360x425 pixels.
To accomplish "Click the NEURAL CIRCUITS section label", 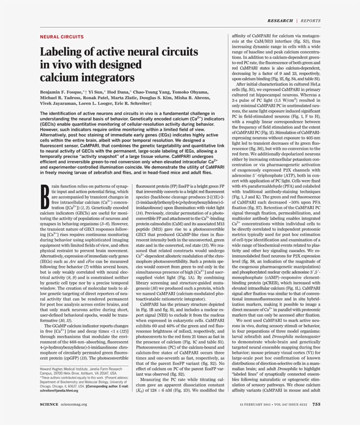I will pos(61,37).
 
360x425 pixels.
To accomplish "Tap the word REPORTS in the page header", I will pos(311,21).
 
